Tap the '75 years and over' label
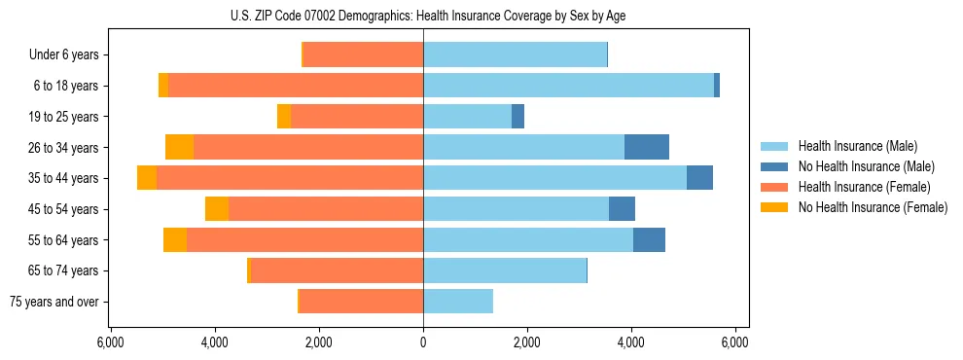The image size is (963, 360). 54,302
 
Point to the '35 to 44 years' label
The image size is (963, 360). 63,178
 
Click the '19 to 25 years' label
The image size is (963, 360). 63,117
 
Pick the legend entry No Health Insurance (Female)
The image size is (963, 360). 872,207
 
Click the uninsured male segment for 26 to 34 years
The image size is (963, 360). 647,147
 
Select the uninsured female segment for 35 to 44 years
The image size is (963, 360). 147,178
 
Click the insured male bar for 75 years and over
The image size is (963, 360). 458,302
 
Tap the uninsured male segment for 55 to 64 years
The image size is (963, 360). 649,239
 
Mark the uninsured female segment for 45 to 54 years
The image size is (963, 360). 217,209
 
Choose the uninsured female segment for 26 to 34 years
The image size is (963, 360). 179,147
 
